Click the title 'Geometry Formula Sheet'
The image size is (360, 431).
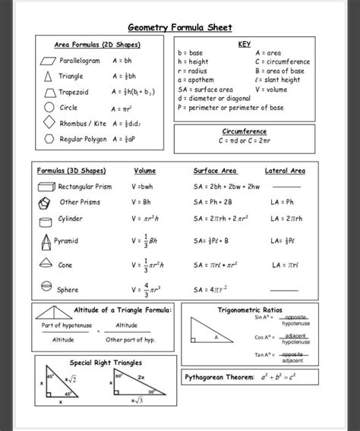[x=179, y=27]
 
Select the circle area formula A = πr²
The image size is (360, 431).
[x=121, y=109]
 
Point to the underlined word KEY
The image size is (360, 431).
[x=244, y=44]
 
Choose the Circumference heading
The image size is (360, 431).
[x=244, y=131]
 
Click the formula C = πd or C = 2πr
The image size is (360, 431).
[x=244, y=140]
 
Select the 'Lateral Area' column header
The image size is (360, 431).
[x=285, y=171]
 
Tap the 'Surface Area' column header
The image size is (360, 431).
[x=216, y=171]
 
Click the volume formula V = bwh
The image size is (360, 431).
[x=142, y=186]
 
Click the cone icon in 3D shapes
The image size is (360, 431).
[x=45, y=265]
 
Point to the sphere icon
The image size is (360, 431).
[x=45, y=288]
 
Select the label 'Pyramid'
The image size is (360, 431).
[x=65, y=241]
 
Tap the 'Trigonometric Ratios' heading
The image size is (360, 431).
[x=250, y=310]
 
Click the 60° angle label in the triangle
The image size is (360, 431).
[x=119, y=375]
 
